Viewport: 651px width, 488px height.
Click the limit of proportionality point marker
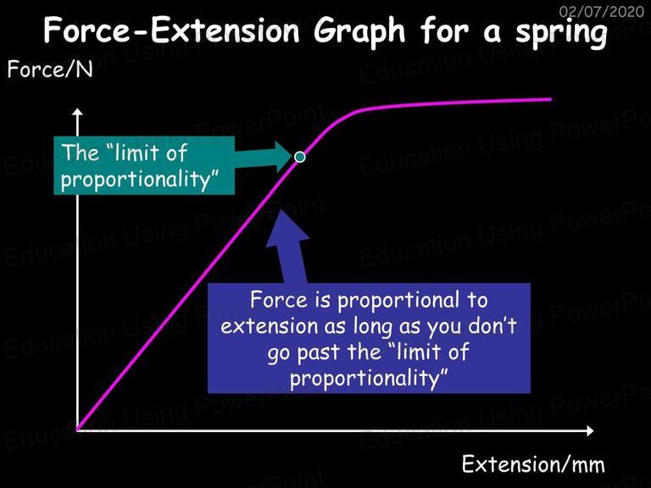point(299,157)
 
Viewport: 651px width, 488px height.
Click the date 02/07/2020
point(602,11)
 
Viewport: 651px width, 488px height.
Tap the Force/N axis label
point(50,69)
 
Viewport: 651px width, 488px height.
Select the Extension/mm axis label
point(533,463)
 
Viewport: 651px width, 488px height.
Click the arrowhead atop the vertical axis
point(77,112)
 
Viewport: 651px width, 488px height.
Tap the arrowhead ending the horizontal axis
point(590,430)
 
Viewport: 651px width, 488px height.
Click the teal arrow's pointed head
point(284,157)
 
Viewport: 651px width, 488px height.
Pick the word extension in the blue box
point(270,325)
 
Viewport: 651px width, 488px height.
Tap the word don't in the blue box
point(492,325)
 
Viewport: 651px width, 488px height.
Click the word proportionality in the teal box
point(140,180)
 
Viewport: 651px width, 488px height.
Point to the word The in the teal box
point(81,152)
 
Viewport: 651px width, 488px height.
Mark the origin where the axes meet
point(78,430)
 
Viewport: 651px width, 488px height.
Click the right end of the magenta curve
point(550,99)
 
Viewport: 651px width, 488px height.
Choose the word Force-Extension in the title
point(171,30)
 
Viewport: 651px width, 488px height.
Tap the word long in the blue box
point(373,326)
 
